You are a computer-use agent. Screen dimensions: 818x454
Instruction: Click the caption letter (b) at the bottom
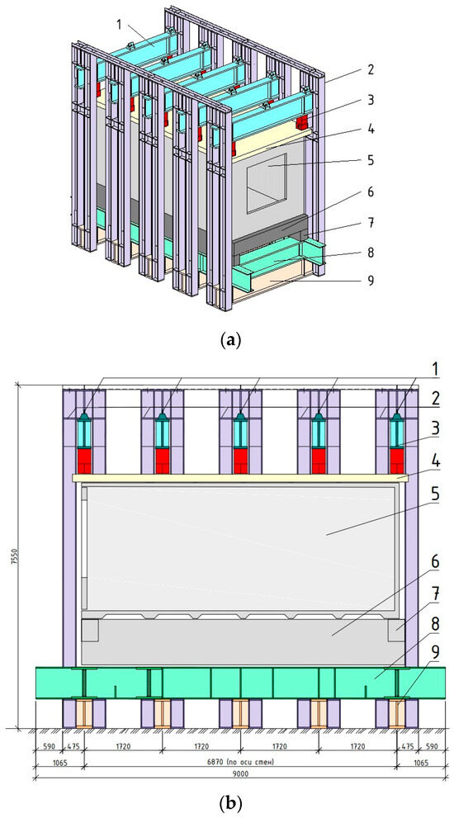pos(227,801)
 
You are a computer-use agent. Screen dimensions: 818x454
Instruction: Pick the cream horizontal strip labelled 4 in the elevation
pos(240,478)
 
